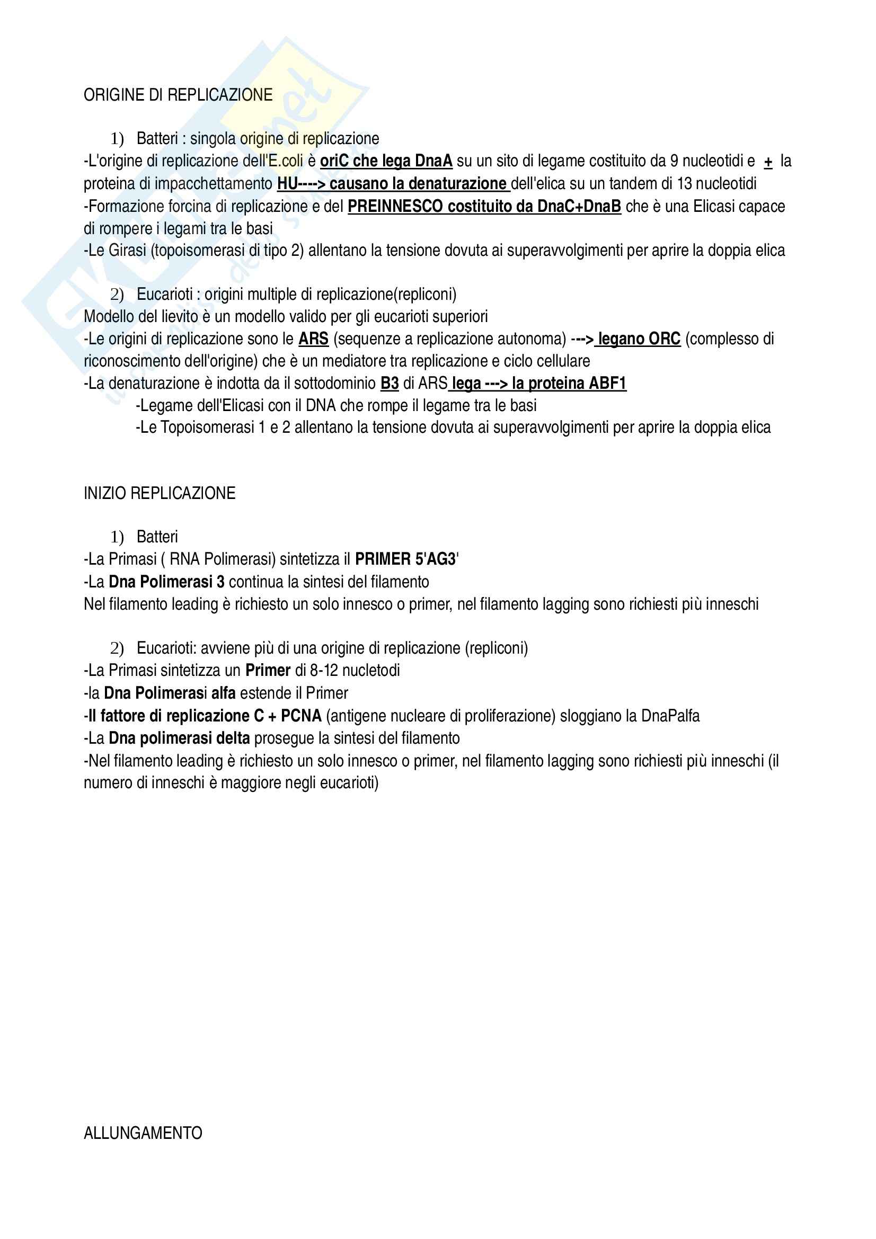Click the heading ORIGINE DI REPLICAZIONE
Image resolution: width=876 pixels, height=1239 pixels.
178,95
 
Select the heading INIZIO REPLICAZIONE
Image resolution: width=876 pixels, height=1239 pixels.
159,493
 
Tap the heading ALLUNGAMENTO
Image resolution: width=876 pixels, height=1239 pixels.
143,1133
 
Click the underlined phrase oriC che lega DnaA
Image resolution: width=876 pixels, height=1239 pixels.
386,161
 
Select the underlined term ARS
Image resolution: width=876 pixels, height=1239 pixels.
314,339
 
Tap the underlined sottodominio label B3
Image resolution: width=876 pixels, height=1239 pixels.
389,383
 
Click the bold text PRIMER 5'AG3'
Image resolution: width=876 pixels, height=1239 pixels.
406,559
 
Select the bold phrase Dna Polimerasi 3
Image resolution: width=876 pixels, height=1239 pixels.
166,582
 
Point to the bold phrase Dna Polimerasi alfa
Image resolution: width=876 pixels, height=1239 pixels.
170,693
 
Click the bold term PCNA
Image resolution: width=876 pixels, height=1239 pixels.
300,716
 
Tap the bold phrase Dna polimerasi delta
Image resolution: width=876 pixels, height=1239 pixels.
179,738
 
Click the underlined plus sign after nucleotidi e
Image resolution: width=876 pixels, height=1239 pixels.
768,162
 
